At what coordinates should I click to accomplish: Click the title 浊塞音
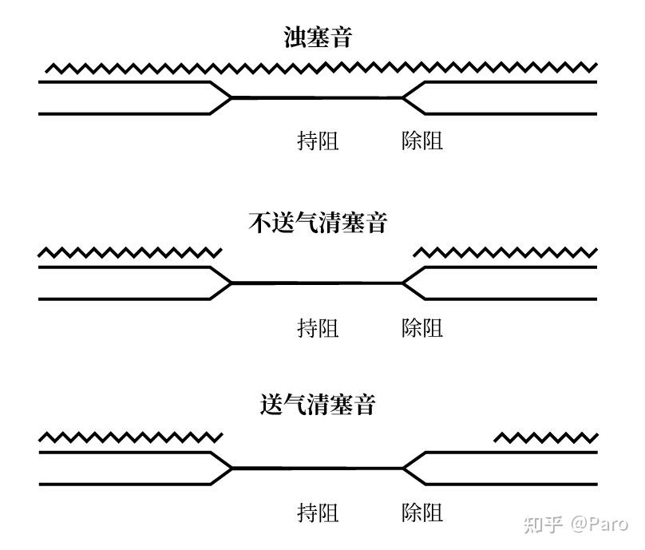click(x=318, y=38)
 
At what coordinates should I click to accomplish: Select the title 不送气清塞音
click(x=318, y=223)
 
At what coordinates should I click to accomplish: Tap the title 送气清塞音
click(x=318, y=405)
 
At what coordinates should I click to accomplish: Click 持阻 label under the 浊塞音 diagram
click(x=318, y=141)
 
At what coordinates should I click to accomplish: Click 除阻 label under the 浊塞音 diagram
click(x=422, y=141)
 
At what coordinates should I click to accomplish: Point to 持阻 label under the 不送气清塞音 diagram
click(x=318, y=327)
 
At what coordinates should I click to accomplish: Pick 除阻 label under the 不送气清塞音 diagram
click(x=422, y=327)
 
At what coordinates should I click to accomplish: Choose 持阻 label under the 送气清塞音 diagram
click(x=318, y=512)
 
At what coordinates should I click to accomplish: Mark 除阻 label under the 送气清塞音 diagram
click(x=422, y=512)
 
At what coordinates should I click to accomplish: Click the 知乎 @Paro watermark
click(x=575, y=524)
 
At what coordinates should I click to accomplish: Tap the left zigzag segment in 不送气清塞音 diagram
click(x=130, y=253)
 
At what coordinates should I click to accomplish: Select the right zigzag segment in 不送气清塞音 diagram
click(x=505, y=253)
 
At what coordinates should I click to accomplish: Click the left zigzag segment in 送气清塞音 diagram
click(x=130, y=437)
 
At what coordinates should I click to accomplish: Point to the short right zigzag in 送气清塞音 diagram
click(x=545, y=437)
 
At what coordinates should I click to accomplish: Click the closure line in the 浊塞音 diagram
click(x=318, y=98)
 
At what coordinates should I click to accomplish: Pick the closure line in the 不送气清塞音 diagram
click(x=318, y=283)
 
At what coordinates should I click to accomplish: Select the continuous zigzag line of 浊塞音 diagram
click(x=319, y=69)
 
